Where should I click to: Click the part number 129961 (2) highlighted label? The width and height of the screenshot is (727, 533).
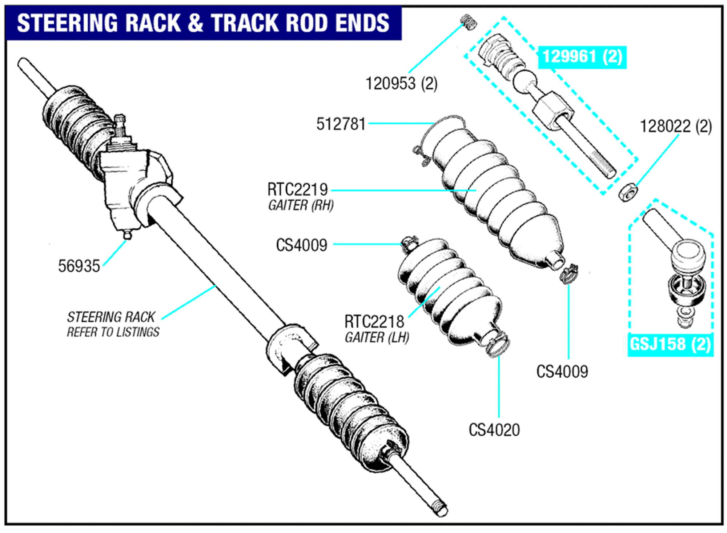582,57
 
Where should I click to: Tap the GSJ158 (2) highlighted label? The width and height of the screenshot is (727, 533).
670,344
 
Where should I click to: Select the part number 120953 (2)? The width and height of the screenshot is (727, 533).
401,84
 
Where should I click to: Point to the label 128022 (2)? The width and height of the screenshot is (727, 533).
675,127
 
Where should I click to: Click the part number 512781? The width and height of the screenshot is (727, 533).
341,124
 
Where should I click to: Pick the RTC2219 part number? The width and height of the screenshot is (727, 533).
297,189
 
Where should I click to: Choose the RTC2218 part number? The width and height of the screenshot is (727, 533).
374,322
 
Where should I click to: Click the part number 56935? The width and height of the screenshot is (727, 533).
79,266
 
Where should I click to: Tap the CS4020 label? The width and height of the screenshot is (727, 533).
494,430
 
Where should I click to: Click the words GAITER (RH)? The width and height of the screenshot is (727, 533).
301,205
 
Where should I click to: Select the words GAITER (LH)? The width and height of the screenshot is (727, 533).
377,338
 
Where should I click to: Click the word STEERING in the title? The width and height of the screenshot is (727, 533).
68,23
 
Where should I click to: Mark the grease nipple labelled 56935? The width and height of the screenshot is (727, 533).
127,235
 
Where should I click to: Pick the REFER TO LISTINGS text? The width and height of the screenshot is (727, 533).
113,332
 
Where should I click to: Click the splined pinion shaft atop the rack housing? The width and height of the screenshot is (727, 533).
120,124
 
